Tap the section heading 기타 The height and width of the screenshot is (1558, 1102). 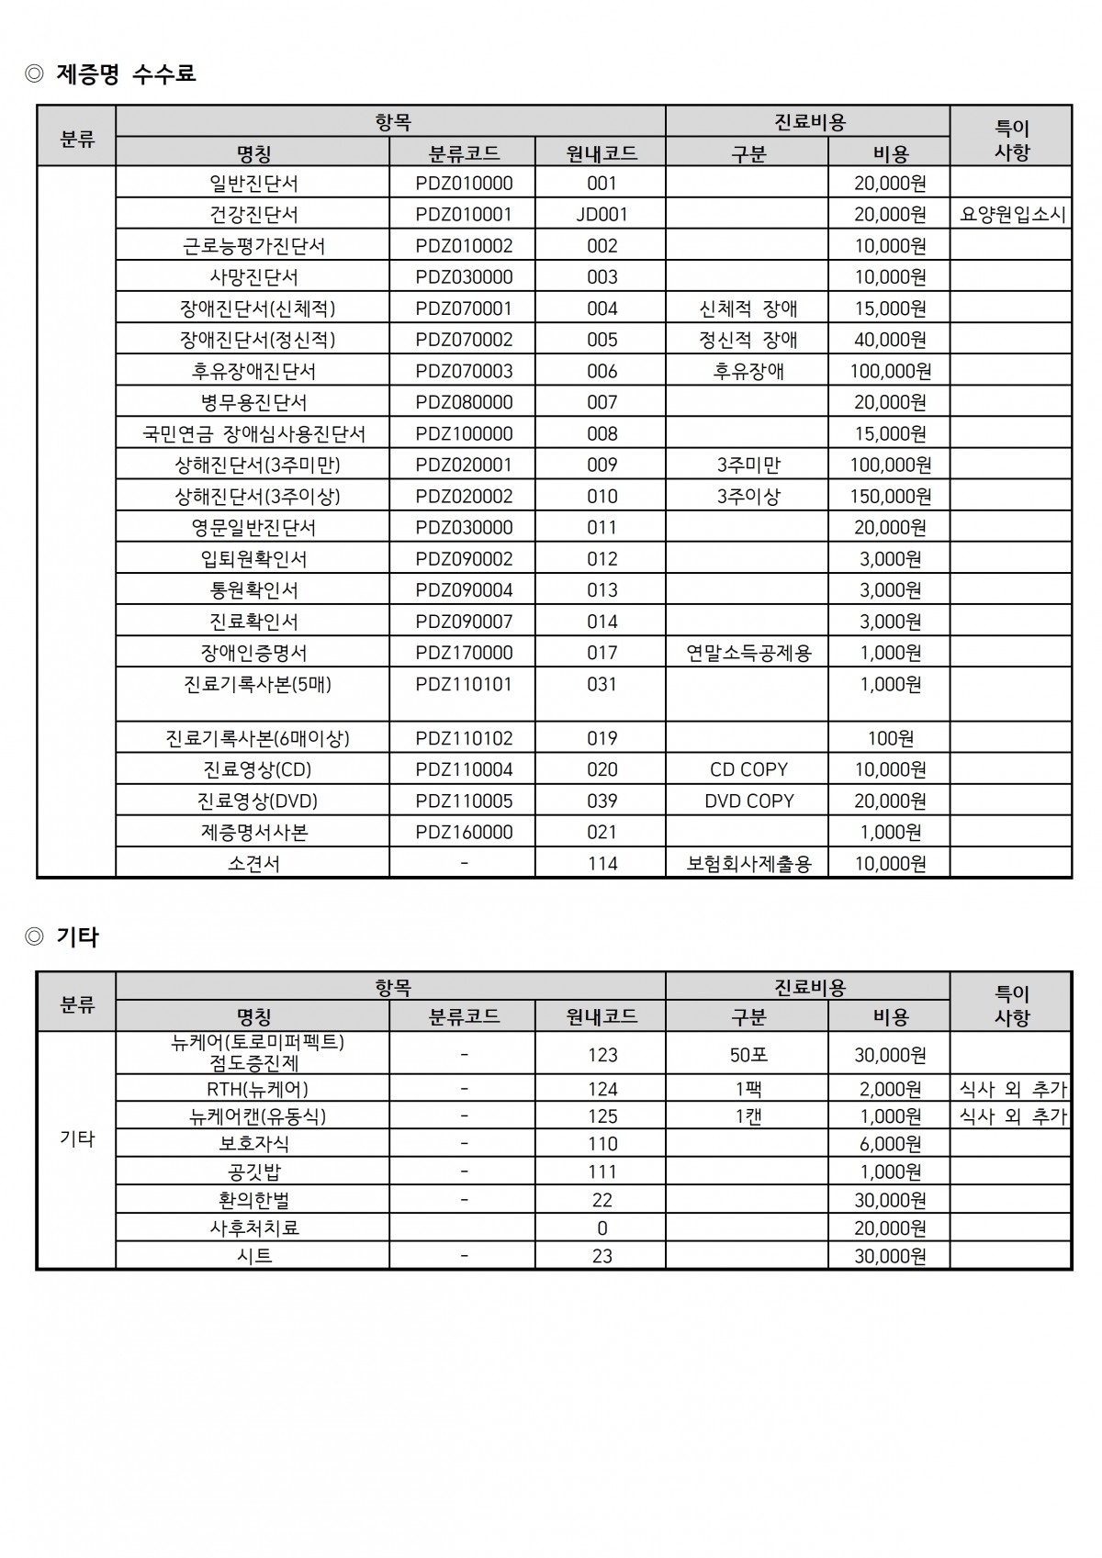[x=77, y=936]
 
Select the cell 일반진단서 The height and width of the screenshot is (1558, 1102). [x=253, y=183]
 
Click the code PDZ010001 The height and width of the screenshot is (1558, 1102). [x=464, y=214]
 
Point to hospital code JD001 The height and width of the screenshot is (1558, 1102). [x=602, y=214]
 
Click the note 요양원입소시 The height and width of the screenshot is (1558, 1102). [x=1012, y=214]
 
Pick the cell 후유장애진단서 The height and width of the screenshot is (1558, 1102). [x=253, y=371]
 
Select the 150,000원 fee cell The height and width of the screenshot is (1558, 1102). [x=890, y=496]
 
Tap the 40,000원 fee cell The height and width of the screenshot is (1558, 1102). [x=890, y=340]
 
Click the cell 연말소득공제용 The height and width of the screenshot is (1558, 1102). [x=748, y=653]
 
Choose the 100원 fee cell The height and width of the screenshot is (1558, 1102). [x=890, y=738]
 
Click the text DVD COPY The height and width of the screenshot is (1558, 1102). [x=748, y=801]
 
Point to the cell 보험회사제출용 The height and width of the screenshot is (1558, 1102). [x=748, y=863]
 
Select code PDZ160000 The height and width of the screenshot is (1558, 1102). [x=464, y=832]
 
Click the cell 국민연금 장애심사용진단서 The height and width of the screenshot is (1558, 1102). [x=253, y=433]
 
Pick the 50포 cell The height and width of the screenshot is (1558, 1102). [x=748, y=1055]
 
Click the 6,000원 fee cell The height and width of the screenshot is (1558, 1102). [x=890, y=1144]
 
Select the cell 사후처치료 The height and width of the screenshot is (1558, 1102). [x=254, y=1227]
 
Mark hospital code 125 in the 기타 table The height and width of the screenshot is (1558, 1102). [x=602, y=1116]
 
